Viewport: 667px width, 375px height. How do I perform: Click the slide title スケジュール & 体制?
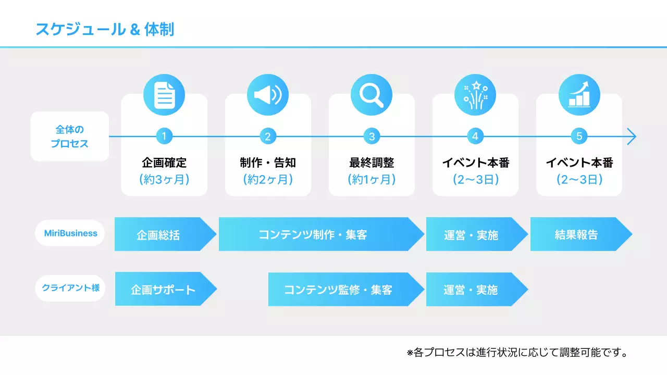105,29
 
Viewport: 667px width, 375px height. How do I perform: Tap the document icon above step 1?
164,95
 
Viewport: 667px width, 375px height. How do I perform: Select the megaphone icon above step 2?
268,95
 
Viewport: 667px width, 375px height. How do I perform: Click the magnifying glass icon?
372,95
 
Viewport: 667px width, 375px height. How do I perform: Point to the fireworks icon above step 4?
475,95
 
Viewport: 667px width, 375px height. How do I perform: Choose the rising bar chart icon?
579,95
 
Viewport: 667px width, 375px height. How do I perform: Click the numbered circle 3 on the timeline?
372,136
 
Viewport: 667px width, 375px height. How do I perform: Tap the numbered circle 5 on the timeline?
579,136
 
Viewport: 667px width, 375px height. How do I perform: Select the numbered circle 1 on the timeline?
164,136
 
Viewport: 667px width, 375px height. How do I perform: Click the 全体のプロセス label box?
70,136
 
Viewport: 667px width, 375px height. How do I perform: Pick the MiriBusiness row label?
70,233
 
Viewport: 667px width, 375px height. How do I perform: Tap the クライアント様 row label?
70,288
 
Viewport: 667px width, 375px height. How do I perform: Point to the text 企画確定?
164,162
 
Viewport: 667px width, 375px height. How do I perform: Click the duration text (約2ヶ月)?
268,180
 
